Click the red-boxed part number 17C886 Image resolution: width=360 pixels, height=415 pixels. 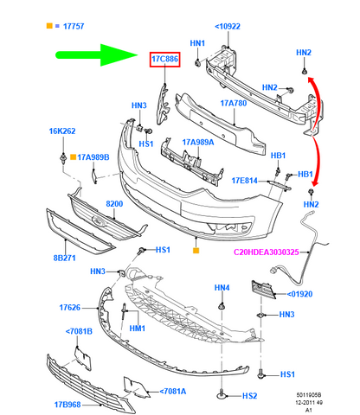165,59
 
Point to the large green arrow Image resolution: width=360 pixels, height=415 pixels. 97,54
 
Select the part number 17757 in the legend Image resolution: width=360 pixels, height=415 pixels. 74,26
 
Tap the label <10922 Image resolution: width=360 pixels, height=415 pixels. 228,27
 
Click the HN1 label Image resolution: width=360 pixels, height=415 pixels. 197,43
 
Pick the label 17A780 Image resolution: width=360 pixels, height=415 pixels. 234,103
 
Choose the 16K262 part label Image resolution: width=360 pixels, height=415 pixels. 62,131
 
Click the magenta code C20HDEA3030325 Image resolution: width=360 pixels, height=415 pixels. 267,252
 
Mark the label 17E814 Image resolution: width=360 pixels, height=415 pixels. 245,181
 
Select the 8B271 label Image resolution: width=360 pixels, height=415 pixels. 65,258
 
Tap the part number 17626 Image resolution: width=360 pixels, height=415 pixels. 70,308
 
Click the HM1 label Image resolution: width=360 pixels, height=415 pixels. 138,329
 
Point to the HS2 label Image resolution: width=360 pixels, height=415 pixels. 249,396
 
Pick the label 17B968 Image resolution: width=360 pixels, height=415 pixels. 67,405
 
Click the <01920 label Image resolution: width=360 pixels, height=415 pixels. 299,294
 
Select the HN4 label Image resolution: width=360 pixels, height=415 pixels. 222,288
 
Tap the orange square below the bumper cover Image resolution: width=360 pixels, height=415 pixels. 196,251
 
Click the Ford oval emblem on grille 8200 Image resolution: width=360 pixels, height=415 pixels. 99,221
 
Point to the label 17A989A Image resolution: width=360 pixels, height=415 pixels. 198,143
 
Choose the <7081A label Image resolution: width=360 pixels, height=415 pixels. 173,392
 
